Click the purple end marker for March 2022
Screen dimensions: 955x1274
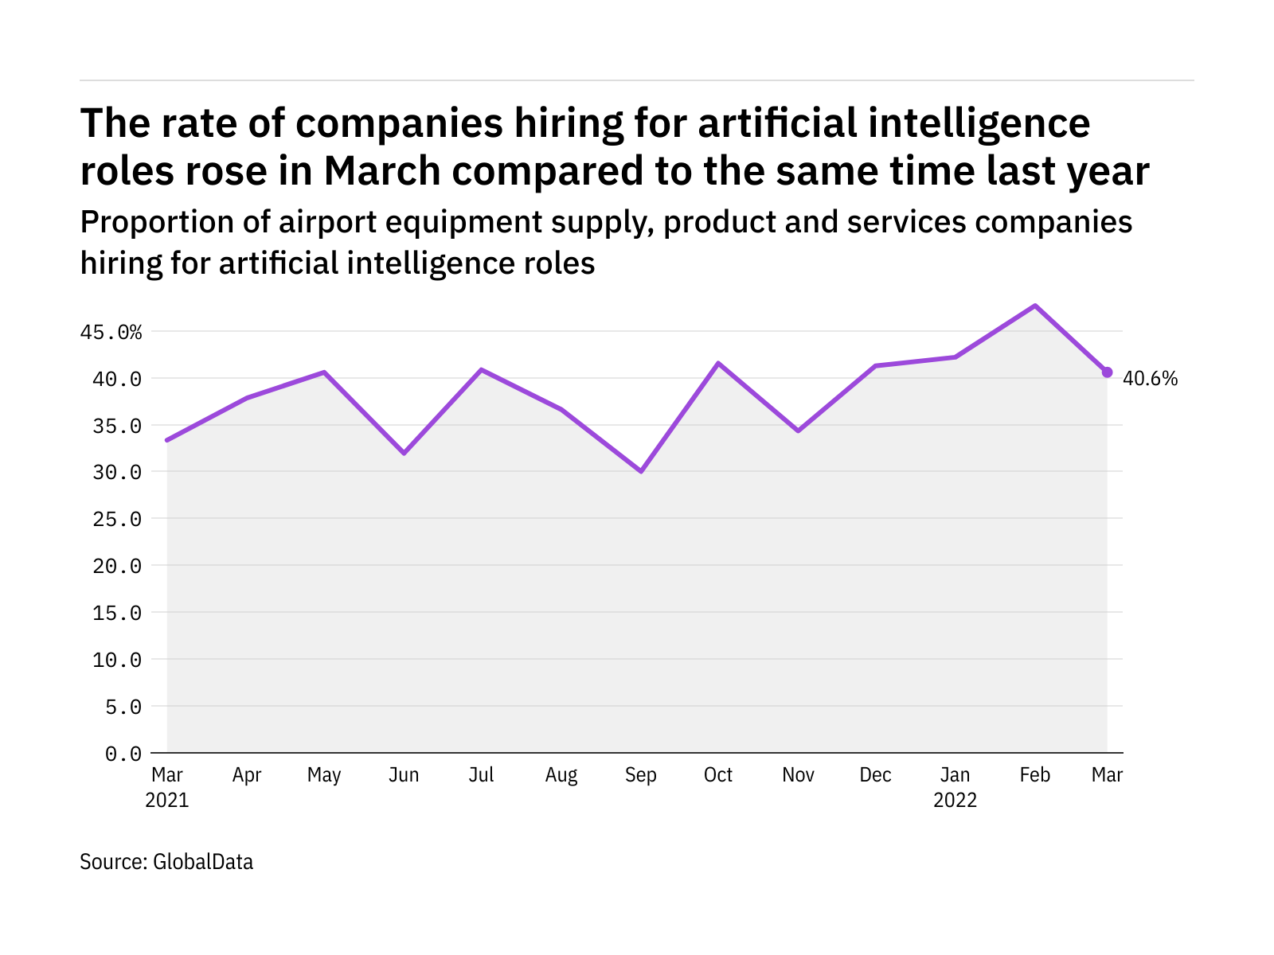point(1107,372)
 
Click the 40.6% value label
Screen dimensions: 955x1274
point(1150,379)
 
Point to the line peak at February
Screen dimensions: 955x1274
point(1034,306)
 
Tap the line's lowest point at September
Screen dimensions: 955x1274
point(641,471)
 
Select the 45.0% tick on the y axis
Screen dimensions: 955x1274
point(111,332)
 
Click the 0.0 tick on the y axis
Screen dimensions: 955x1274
point(123,753)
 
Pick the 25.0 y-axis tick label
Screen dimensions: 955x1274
point(117,519)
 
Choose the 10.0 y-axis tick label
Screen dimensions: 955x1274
point(117,660)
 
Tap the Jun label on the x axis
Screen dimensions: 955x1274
point(404,775)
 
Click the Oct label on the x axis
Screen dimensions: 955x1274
point(718,775)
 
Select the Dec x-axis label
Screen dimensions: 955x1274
point(875,775)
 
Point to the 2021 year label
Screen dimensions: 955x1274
point(167,800)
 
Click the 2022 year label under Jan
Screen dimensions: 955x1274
point(955,800)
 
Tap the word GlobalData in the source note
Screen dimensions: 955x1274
point(203,862)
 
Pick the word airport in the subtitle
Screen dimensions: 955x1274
point(327,223)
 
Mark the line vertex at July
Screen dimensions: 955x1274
point(482,369)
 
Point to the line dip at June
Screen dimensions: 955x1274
point(404,453)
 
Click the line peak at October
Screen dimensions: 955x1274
point(718,363)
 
